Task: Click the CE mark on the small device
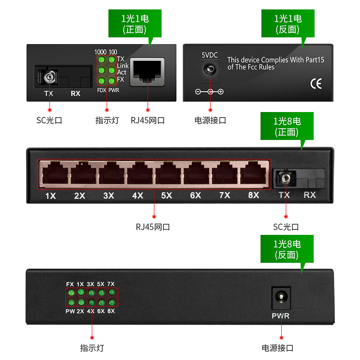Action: tap(316, 84)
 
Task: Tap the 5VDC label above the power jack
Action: tap(210, 55)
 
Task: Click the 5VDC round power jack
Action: tap(210, 69)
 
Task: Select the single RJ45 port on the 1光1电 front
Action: tap(148, 72)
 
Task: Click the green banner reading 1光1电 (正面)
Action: tap(135, 23)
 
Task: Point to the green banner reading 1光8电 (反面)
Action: tap(287, 249)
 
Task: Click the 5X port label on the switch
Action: tap(166, 196)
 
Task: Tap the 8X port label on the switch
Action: tap(253, 195)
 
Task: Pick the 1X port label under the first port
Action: tap(50, 196)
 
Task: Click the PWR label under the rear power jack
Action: tap(280, 316)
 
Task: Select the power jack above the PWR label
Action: tap(281, 298)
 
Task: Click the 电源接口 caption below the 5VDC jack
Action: tap(210, 120)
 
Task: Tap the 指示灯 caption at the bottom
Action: tap(92, 348)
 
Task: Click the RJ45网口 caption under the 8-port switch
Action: tap(153, 227)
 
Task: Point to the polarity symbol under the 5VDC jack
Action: tap(209, 92)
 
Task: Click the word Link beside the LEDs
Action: tap(123, 66)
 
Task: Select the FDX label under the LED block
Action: tap(102, 90)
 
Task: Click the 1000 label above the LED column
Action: tap(100, 52)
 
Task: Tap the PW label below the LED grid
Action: tap(70, 311)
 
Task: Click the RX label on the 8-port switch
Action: tap(310, 195)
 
